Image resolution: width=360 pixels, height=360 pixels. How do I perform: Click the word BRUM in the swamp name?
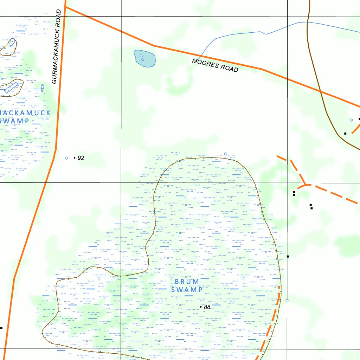pos(187,282)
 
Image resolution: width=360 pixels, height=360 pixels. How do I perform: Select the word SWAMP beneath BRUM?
pos(187,290)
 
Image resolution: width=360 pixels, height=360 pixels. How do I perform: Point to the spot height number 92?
pos(81,158)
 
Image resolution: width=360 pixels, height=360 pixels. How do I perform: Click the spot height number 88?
pos(207,307)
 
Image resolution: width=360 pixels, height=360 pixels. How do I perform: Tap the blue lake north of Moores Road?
pos(144,58)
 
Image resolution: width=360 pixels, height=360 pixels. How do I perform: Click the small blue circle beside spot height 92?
pos(66,158)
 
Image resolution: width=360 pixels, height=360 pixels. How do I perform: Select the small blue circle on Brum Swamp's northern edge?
pos(226,154)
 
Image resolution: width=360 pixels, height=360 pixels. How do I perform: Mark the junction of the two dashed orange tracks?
pos(306,184)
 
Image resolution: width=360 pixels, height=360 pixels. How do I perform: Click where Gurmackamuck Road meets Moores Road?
pos(65,7)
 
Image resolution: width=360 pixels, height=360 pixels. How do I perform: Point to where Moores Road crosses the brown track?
pos(321,91)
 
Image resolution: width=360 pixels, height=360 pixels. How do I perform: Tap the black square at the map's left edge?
pos(1,328)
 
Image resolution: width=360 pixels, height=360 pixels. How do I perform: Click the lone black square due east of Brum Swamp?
pos(288,256)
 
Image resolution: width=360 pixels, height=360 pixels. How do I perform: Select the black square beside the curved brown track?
pos(345,133)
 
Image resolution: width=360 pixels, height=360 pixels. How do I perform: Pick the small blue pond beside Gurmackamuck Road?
pos(43,88)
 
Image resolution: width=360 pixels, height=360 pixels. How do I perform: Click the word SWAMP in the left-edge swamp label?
pos(15,121)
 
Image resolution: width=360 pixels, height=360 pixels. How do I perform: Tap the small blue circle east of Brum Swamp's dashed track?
pos(287,301)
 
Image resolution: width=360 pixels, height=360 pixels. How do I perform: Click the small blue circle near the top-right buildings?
pos(351,120)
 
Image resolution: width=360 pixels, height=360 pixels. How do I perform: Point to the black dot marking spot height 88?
pos(201,307)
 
